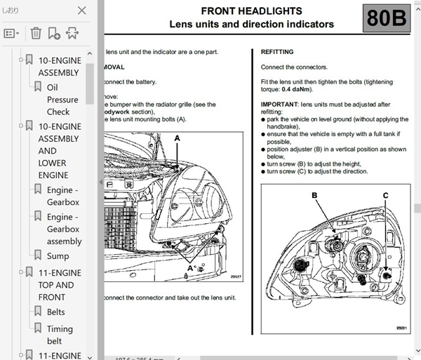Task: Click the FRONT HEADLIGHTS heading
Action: coord(251,11)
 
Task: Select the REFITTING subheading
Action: coord(277,52)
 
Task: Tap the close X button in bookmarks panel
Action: coord(82,11)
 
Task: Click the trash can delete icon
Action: coord(36,32)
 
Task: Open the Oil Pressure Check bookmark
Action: coord(58,99)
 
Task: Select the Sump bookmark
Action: coord(58,256)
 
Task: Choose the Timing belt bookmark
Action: coord(60,335)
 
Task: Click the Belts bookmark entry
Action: coord(55,312)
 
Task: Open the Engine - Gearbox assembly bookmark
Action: coord(64,229)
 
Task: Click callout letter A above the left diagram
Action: coord(178,139)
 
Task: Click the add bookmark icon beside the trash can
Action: coord(54,32)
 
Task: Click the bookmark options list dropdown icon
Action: coord(13,33)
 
